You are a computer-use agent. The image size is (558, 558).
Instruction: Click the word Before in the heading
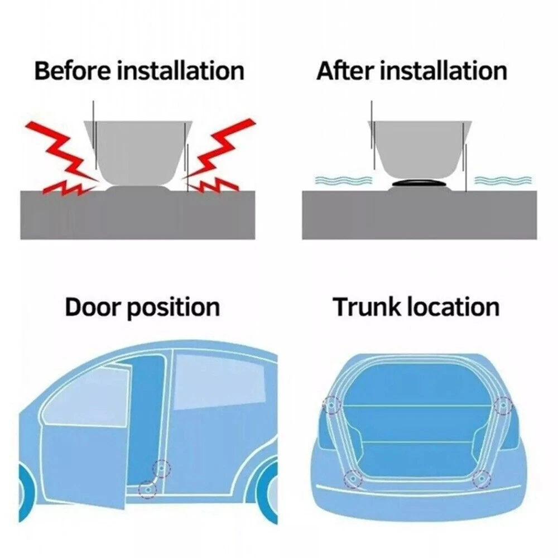click(x=73, y=71)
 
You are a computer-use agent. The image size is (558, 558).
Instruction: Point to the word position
click(x=174, y=308)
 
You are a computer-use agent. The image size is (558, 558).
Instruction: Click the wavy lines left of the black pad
click(x=344, y=180)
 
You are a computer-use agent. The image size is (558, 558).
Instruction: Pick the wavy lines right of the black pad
click(x=503, y=180)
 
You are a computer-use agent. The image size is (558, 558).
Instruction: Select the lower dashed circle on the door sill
click(x=147, y=489)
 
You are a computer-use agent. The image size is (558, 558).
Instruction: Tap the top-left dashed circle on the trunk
click(x=331, y=405)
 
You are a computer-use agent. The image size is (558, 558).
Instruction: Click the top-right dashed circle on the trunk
click(x=503, y=405)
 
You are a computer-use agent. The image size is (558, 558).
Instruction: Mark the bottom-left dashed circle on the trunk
click(x=353, y=479)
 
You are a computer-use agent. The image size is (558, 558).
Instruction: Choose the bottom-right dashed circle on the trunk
click(x=482, y=479)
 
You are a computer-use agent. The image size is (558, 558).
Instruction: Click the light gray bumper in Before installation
click(x=138, y=151)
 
